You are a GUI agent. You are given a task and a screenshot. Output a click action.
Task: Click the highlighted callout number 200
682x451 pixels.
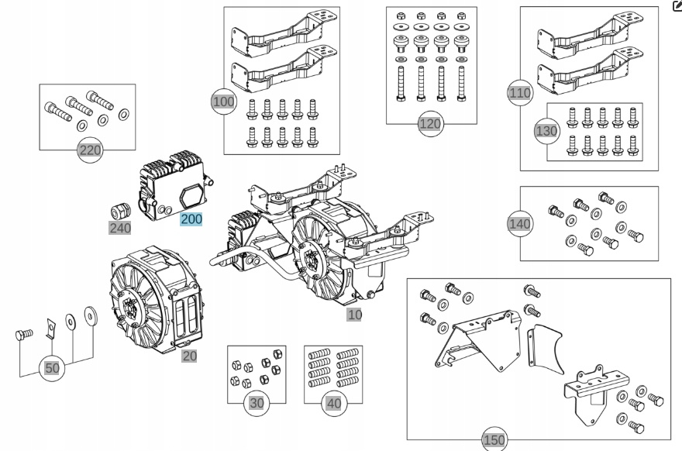[x=191, y=219]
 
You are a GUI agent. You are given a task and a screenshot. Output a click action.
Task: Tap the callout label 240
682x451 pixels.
[x=119, y=228]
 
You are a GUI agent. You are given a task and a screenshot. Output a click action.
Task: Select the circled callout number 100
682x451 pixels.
[x=223, y=102]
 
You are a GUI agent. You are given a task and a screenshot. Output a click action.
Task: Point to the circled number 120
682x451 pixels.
[x=429, y=123]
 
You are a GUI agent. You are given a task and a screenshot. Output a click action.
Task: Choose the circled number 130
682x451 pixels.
[x=546, y=131]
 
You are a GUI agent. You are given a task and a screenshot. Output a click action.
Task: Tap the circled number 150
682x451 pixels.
[x=494, y=440]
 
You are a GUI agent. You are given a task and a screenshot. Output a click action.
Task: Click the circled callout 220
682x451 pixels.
[x=91, y=150]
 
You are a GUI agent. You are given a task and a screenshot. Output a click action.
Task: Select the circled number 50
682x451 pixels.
[x=52, y=368]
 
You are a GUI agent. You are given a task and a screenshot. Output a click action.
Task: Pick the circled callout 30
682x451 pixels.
[x=256, y=402]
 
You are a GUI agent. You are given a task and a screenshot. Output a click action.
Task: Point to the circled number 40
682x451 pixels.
[x=334, y=402]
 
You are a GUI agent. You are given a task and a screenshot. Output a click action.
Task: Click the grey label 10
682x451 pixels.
[x=355, y=315]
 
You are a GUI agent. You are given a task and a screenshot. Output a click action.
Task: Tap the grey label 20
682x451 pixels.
[x=189, y=356]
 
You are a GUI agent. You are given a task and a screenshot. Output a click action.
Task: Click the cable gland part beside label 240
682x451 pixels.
[x=118, y=208]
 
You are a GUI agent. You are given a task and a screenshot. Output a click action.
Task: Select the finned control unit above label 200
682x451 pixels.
[x=171, y=182]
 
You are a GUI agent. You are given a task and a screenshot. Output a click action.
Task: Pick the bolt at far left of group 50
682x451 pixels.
[x=24, y=336]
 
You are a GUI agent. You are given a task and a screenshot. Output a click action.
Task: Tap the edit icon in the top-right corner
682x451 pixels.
[x=676, y=6]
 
